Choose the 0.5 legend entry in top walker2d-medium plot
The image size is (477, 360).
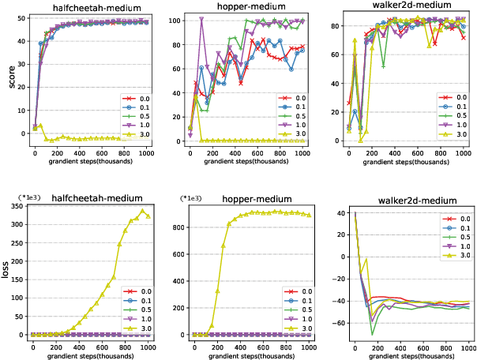click(x=453, y=118)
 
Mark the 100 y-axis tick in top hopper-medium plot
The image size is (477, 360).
click(x=175, y=17)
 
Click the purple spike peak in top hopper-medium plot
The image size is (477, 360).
click(x=201, y=19)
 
